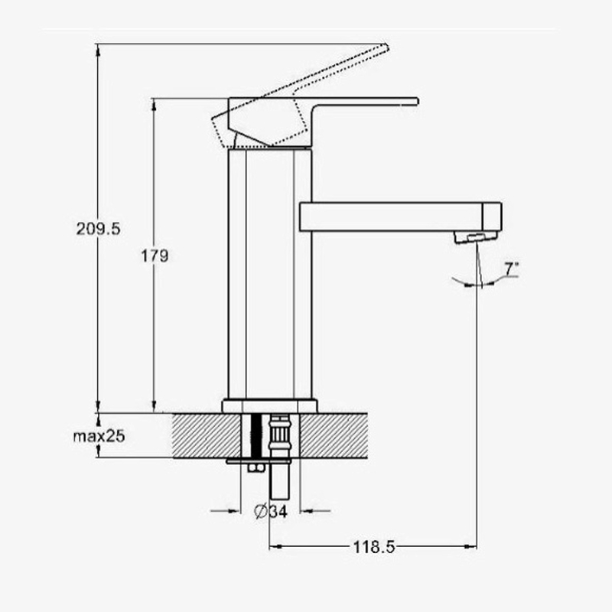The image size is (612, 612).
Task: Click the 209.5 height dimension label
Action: tap(99, 229)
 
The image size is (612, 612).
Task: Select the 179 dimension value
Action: tap(155, 256)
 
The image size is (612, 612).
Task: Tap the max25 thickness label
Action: tap(99, 436)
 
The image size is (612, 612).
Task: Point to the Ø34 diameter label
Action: tap(271, 511)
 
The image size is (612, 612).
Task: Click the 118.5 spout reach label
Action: tap(374, 547)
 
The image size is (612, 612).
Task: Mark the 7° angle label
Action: tap(512, 269)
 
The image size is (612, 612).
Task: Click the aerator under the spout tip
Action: tap(475, 237)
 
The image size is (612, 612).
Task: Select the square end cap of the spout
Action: tap(492, 216)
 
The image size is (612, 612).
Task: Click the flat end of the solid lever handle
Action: tap(417, 102)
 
